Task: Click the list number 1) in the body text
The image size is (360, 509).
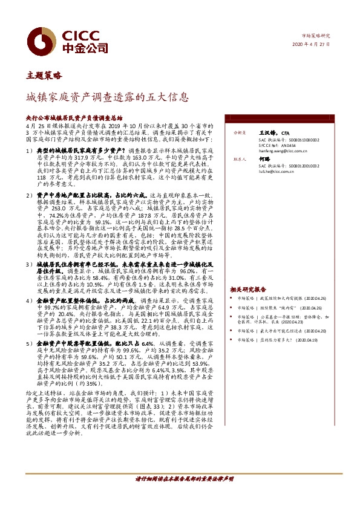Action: click(29, 149)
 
